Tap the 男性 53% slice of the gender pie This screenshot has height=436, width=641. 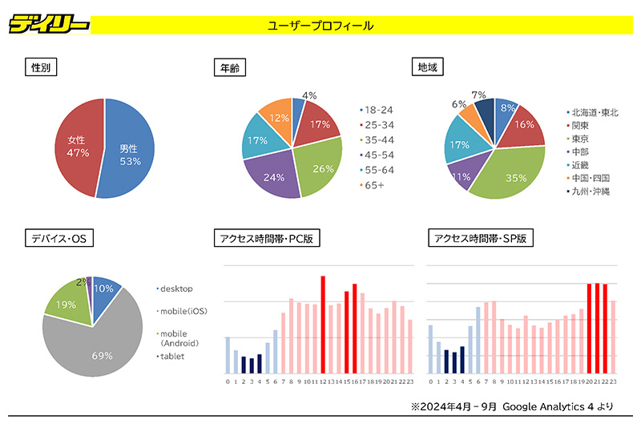click(x=128, y=152)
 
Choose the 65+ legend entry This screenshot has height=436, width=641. click(x=374, y=185)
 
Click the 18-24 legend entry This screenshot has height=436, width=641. click(x=378, y=110)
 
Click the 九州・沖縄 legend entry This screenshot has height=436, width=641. click(x=592, y=192)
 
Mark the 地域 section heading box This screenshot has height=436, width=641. click(x=426, y=67)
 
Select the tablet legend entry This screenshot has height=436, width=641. click(x=171, y=356)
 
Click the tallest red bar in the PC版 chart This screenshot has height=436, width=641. click(x=323, y=325)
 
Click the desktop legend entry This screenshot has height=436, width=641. click(x=175, y=288)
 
